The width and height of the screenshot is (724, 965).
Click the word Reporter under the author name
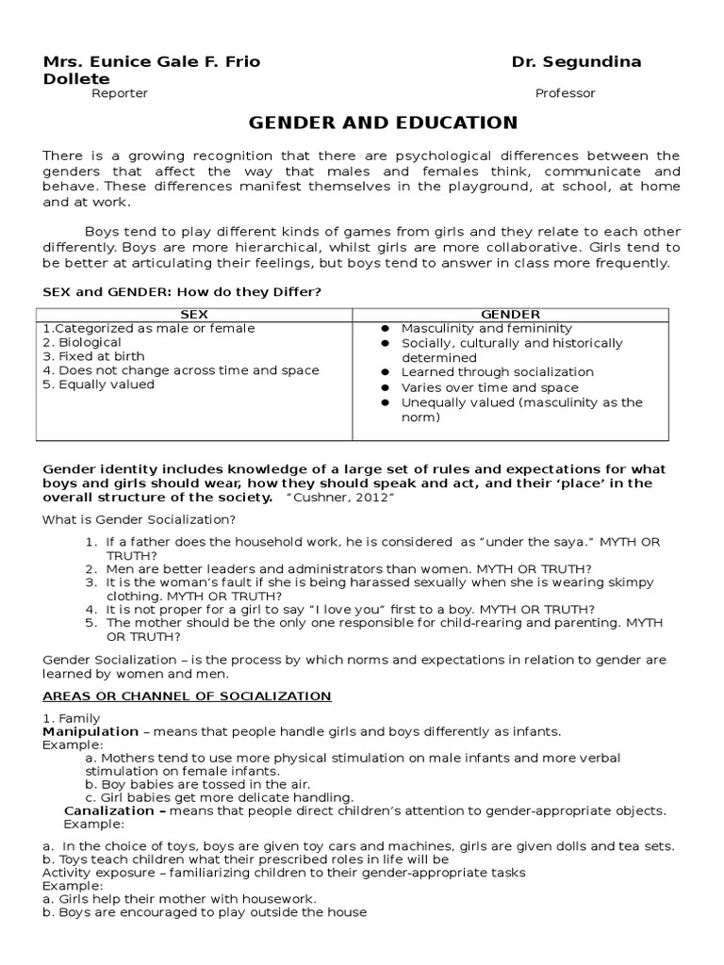[x=119, y=93]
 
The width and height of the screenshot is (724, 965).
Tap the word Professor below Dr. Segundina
[x=565, y=93]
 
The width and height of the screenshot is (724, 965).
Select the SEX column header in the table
[x=194, y=314]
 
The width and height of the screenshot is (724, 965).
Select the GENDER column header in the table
[x=510, y=314]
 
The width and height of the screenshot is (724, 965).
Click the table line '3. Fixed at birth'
[x=89, y=357]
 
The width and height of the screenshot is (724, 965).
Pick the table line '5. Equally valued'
[x=98, y=384]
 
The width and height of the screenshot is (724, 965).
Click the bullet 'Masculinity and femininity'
[x=486, y=328]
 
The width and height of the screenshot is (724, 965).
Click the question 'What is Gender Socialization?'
[x=140, y=520]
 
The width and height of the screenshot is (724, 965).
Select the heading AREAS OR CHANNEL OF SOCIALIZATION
[x=187, y=696]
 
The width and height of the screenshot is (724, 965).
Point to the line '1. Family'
[x=72, y=718]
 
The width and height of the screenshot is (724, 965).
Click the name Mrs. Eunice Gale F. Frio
[x=152, y=62]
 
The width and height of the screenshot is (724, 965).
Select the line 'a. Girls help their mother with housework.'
[x=179, y=899]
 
